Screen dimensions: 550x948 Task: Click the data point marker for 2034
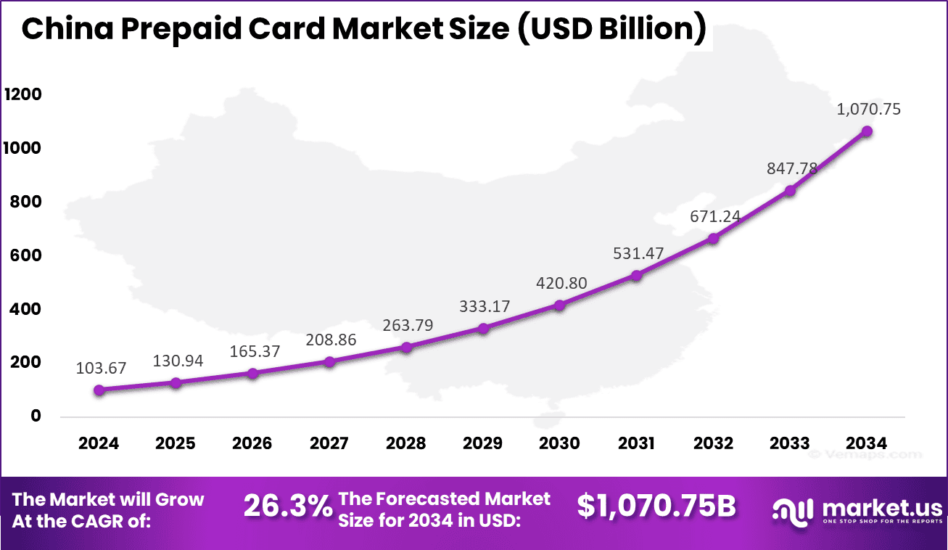pos(867,131)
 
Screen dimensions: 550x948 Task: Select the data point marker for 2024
pos(99,390)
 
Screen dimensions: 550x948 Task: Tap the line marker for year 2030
pos(560,305)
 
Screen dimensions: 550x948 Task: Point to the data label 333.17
pos(485,306)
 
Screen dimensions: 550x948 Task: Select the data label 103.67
pos(101,368)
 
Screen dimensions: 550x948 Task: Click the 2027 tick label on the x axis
pos(329,443)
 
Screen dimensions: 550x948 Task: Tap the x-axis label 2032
pos(713,443)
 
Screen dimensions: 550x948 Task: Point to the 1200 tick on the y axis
pos(23,95)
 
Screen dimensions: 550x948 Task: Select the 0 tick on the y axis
pos(36,416)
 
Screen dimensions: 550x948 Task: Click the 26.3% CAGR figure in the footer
pos(288,506)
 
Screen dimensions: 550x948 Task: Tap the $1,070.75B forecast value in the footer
pos(656,506)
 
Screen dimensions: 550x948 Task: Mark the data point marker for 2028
pos(406,347)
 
